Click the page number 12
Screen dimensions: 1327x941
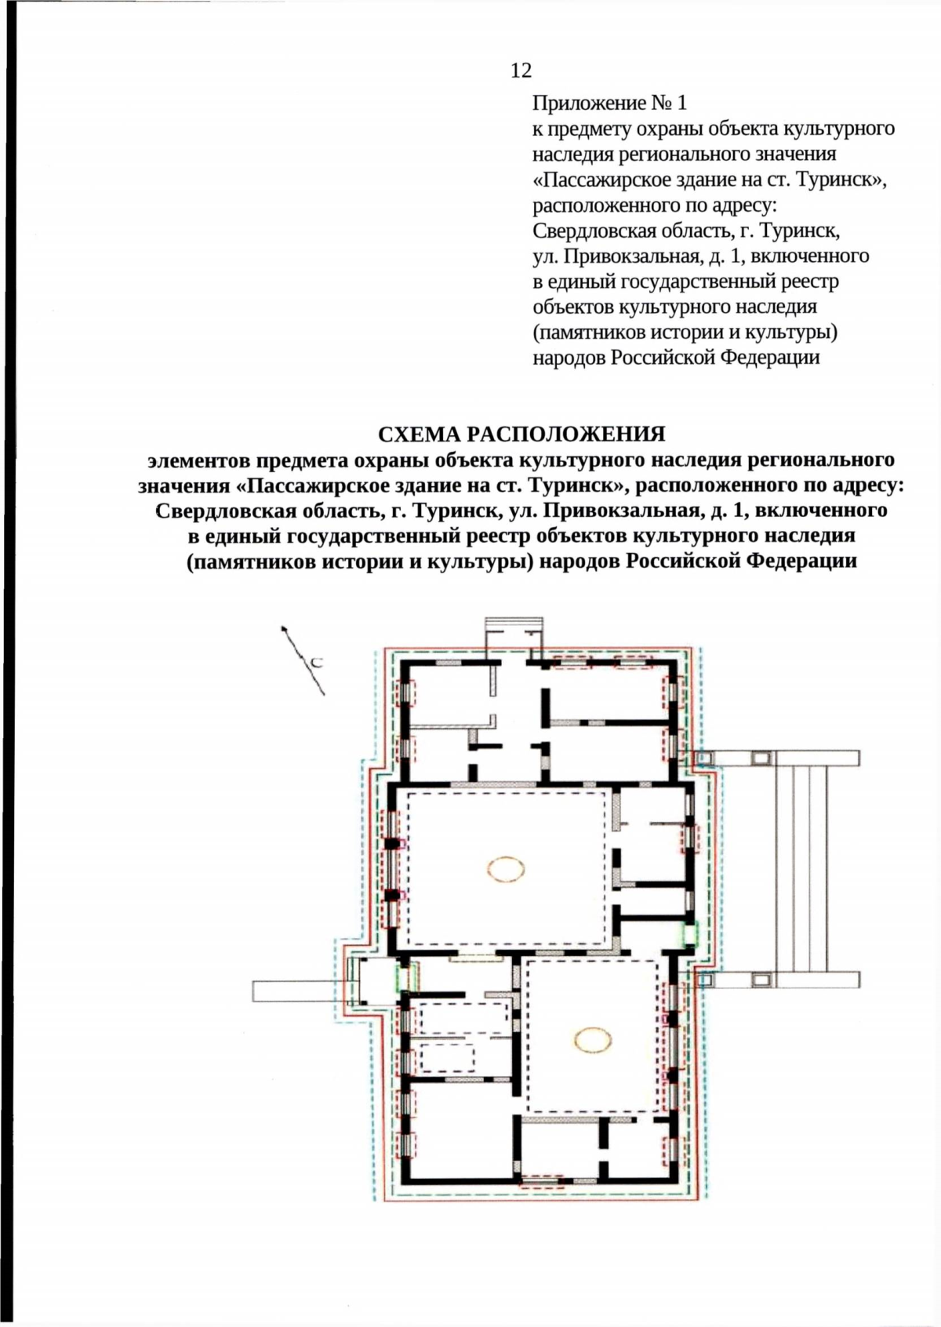coord(521,71)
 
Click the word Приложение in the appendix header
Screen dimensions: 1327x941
coord(580,103)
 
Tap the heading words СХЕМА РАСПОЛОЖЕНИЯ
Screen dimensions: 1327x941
coord(521,434)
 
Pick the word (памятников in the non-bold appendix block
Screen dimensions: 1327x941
coord(589,333)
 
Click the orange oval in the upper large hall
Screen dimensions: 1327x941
coord(506,869)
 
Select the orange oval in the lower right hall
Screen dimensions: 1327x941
coord(593,1040)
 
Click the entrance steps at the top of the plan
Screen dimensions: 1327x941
coord(514,625)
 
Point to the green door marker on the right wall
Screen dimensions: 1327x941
coord(689,933)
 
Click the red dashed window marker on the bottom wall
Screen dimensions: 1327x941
coord(542,1181)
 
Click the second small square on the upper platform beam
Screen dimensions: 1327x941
coord(760,758)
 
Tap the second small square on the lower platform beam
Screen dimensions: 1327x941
coord(760,979)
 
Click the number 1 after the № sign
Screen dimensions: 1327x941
coord(681,103)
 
